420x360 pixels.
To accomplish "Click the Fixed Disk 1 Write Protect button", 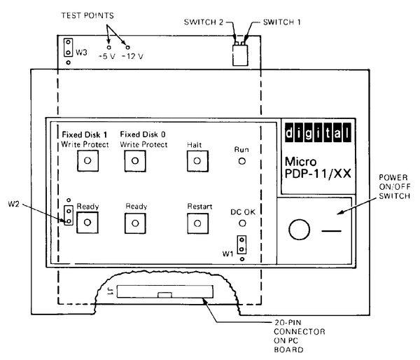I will tap(87, 161).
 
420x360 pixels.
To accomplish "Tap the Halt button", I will tap(197, 161).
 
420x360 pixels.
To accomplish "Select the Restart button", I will tap(197, 223).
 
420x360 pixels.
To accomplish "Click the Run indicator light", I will tap(242, 161).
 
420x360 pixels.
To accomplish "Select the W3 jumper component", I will tap(68, 48).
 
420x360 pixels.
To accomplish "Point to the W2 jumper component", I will tap(68, 215).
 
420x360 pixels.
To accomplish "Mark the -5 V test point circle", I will tap(108, 47).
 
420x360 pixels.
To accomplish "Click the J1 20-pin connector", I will tap(161, 293).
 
